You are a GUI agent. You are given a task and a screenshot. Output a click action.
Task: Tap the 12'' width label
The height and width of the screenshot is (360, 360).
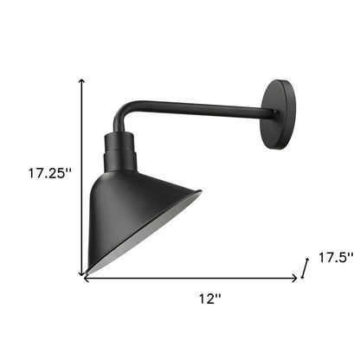209,298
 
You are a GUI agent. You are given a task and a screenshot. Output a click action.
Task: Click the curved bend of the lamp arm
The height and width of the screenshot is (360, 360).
125,113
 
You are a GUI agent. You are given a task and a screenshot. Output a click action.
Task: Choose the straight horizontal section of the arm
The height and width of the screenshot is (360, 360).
199,110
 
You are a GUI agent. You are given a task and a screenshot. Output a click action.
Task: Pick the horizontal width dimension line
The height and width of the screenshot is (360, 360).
190,278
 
